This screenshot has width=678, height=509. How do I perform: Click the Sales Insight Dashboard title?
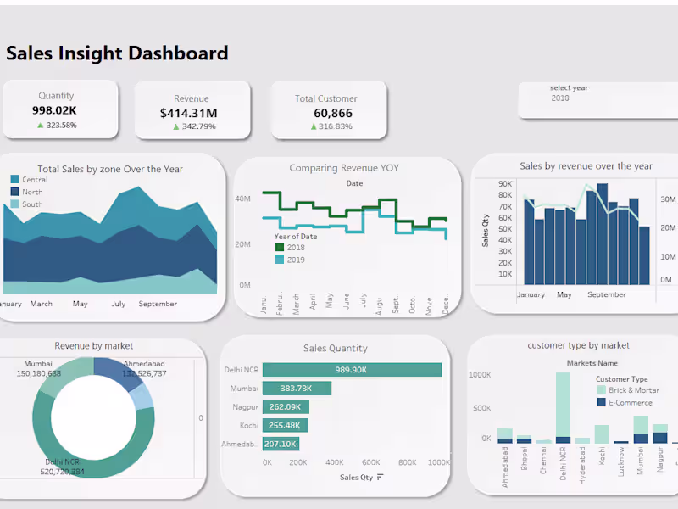click(x=117, y=53)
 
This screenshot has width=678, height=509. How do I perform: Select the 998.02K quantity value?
click(x=55, y=110)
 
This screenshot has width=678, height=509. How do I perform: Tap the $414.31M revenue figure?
click(x=188, y=113)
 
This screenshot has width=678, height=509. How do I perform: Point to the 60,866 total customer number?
click(x=333, y=113)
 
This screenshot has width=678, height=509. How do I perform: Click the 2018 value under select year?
click(x=560, y=98)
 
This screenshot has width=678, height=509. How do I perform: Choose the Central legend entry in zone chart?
click(x=35, y=180)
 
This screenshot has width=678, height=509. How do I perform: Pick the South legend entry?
click(x=32, y=204)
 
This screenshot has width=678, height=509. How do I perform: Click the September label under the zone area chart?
click(x=158, y=304)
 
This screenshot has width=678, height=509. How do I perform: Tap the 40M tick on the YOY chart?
click(x=242, y=199)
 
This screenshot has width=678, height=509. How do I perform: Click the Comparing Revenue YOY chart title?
click(x=344, y=168)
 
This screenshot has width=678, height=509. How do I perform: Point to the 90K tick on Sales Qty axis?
click(x=505, y=183)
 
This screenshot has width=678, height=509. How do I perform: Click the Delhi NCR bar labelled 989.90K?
click(x=352, y=370)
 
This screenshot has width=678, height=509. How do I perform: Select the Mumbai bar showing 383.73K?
click(x=297, y=389)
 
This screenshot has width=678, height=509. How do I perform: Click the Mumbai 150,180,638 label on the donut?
click(x=39, y=369)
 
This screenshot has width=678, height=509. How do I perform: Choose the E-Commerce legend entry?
click(x=628, y=403)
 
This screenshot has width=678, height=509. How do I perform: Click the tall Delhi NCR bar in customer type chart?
click(x=563, y=407)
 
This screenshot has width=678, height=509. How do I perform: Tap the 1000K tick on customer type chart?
click(x=480, y=374)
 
